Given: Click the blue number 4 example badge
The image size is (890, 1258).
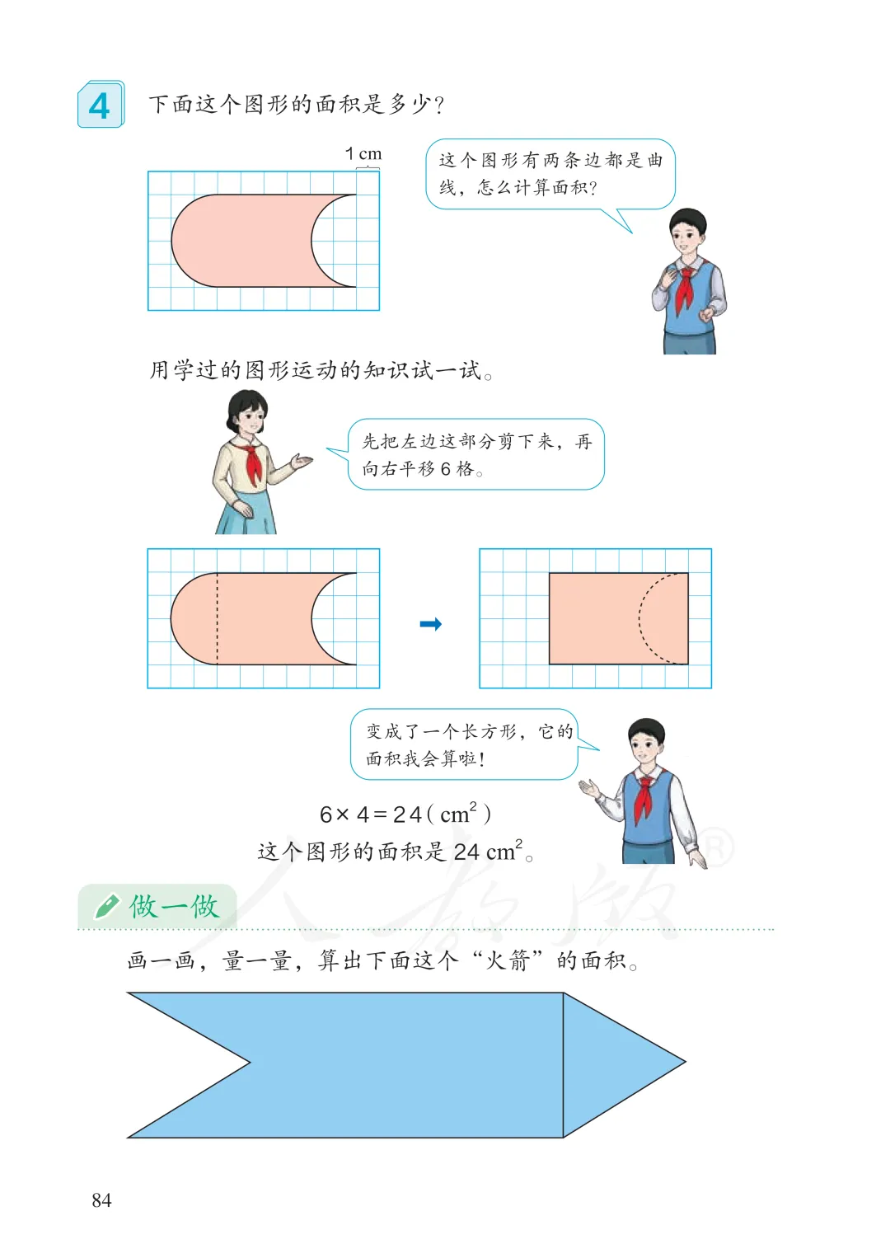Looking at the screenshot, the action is pos(101,105).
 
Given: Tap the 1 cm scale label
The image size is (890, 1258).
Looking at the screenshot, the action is pos(363,153).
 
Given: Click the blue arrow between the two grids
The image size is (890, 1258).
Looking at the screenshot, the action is pos(431,624).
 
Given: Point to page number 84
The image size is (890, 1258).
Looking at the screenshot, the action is pos(101,1200).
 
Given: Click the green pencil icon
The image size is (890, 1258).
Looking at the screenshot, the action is pos(106,907).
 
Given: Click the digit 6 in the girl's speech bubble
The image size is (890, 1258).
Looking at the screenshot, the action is pos(445,469).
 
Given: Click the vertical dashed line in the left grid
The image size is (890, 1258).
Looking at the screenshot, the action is pos(218,618).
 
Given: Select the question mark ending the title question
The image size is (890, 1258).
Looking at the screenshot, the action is pos(439,105).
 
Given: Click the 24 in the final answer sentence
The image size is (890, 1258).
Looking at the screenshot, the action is pos(466,852).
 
